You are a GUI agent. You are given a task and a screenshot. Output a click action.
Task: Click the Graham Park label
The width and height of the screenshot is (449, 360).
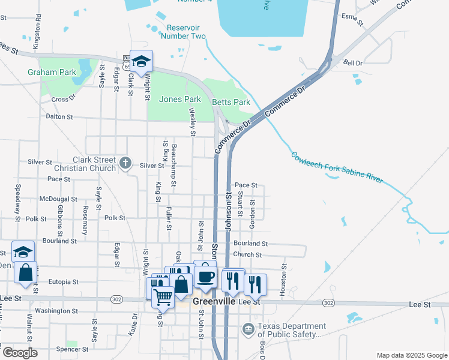coord(52,72)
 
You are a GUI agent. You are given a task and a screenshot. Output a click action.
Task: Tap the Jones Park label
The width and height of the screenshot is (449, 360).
coord(179,99)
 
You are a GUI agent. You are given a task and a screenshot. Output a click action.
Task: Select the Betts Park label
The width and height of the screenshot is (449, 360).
coord(231,102)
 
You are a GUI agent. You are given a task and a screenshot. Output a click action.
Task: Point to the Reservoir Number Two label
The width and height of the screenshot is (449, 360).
coord(186,32)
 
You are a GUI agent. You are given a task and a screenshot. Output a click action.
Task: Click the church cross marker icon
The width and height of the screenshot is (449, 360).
coord(125,163)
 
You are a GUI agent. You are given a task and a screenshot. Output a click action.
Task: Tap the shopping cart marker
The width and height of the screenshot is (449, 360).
coord(163,295)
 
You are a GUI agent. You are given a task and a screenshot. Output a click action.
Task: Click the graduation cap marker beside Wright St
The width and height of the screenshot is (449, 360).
coord(142,61)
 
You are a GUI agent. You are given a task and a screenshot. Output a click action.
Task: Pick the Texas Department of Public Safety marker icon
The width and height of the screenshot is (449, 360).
coord(249,329)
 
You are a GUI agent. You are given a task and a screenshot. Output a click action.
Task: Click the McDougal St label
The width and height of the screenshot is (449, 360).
coord(58,199)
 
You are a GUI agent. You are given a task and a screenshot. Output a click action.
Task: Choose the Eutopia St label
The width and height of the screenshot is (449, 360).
coord(64,281)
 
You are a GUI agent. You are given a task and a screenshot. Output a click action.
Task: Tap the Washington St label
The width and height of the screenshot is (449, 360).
coord(56,311)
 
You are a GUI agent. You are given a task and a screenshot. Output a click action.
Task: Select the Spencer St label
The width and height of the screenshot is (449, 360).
coord(72,349)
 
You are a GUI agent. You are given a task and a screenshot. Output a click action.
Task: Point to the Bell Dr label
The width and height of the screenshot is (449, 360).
coord(353,62)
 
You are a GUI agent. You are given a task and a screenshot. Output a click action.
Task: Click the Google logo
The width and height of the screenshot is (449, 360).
coord(20,353)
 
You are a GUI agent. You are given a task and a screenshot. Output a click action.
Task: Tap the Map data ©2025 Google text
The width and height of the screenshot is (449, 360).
coord(412,355)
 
